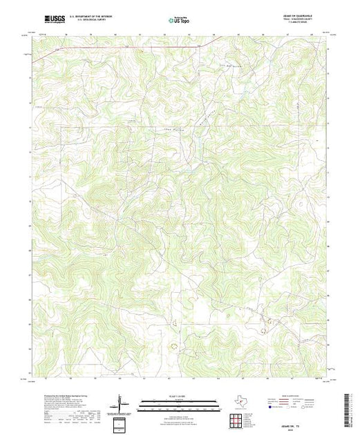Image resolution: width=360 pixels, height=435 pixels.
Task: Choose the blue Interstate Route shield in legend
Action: click(x=275, y=407)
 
